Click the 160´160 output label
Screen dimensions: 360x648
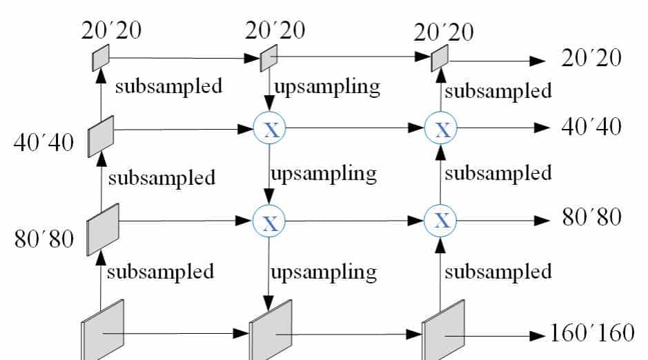click(x=591, y=334)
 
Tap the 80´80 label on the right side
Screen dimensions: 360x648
click(x=591, y=219)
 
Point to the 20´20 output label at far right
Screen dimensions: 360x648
click(x=591, y=58)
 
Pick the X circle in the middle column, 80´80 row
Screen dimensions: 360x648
click(x=271, y=221)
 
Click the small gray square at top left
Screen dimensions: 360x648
click(x=101, y=57)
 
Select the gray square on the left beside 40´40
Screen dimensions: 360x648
click(x=101, y=137)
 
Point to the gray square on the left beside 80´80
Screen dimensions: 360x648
click(x=103, y=229)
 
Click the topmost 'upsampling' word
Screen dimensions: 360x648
click(x=327, y=87)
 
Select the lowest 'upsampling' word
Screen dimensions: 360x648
click(x=324, y=272)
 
